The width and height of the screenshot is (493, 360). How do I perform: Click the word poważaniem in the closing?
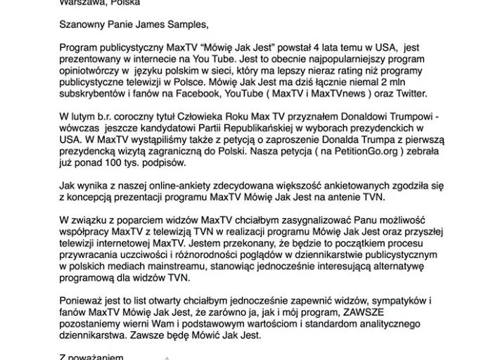coord(99,356)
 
